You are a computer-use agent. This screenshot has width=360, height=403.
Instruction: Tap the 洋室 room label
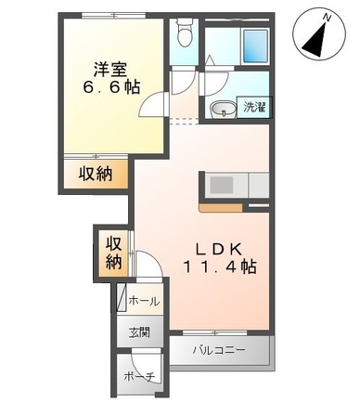109,67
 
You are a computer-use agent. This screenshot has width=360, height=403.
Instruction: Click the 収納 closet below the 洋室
96,173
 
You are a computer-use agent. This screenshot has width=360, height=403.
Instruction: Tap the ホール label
143,301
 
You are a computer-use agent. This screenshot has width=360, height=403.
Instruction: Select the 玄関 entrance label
138,332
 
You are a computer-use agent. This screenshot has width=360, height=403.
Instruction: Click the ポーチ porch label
137,375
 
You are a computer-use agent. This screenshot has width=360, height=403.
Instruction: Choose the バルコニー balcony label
219,351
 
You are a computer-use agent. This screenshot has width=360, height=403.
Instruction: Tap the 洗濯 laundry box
253,108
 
